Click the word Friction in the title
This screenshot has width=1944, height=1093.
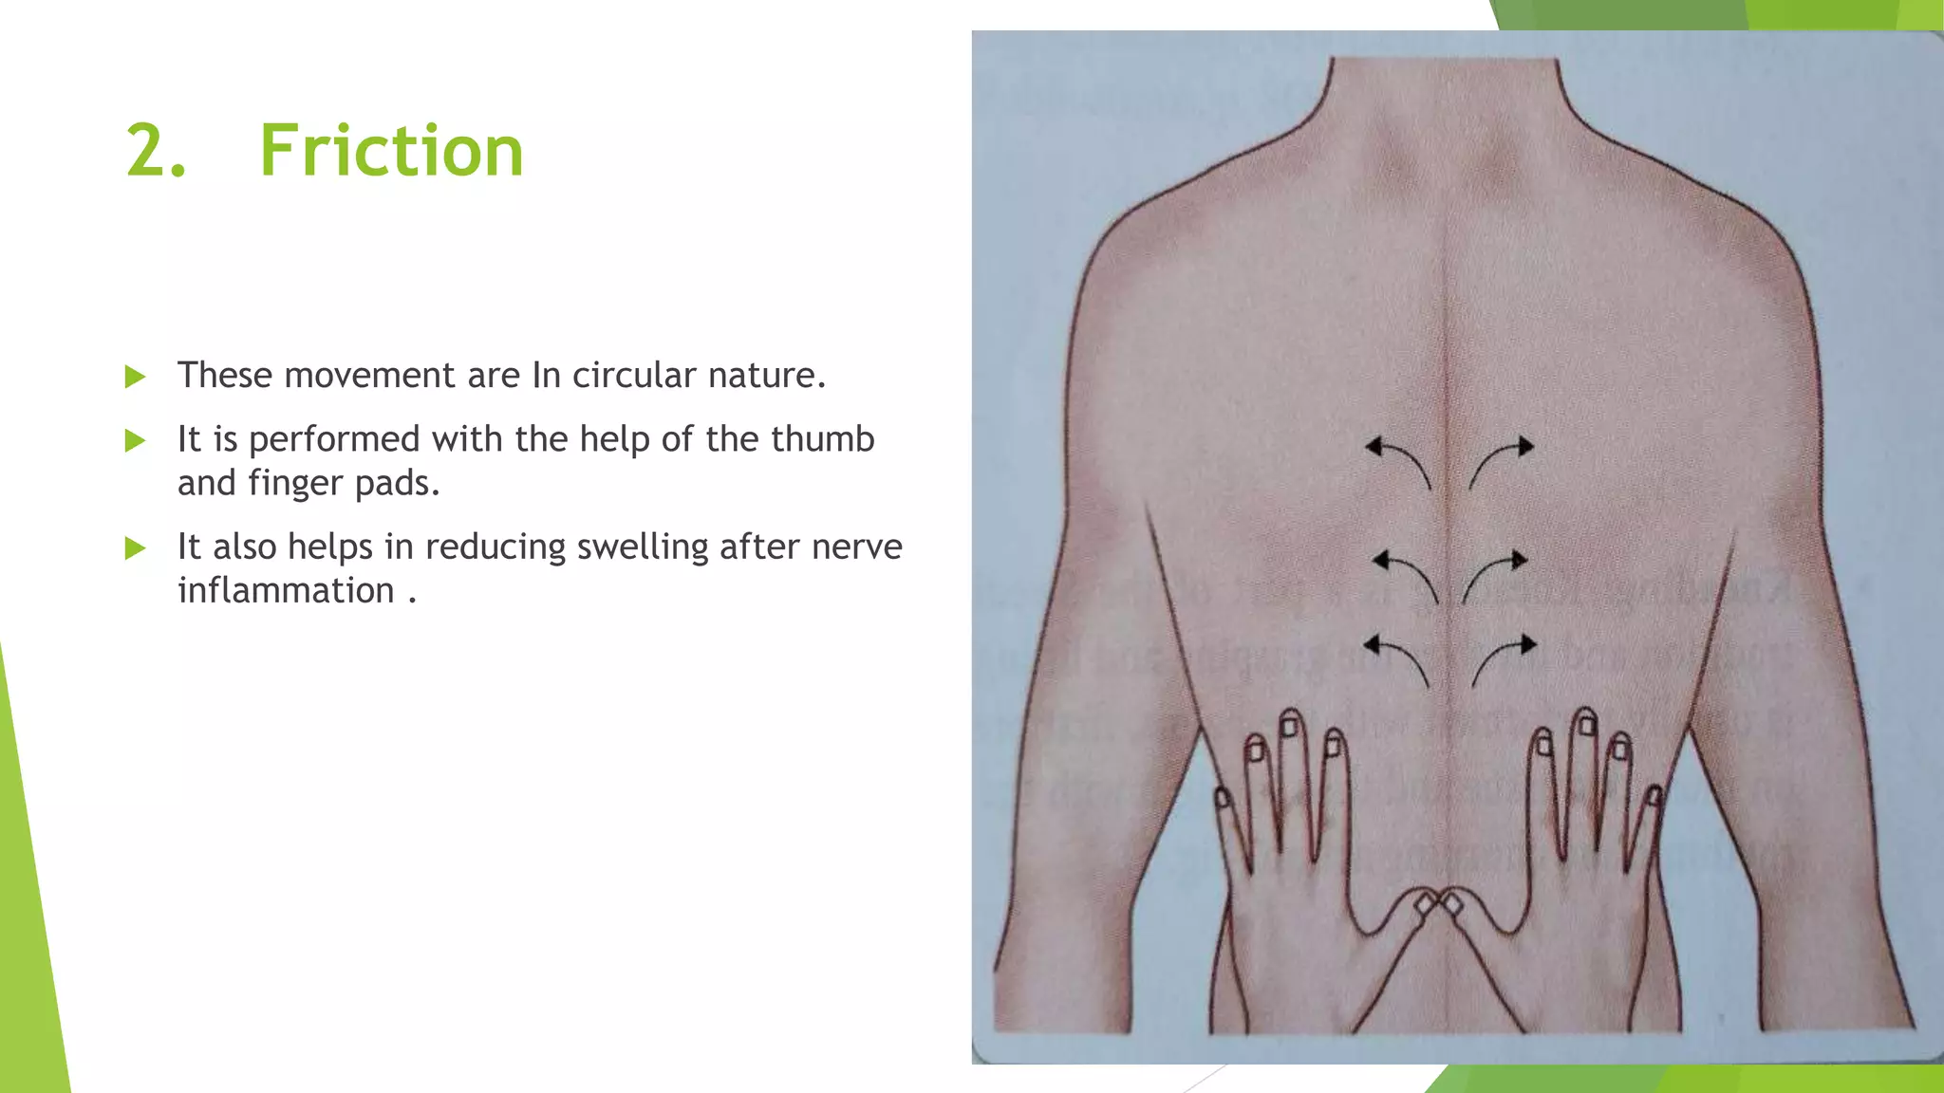click(x=391, y=151)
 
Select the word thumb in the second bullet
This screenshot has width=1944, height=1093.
click(x=822, y=439)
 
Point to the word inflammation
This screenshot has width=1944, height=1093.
click(x=286, y=591)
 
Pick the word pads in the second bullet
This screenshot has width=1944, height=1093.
click(x=391, y=484)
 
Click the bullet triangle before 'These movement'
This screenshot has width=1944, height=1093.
click(x=136, y=378)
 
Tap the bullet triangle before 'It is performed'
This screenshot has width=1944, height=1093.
click(x=136, y=441)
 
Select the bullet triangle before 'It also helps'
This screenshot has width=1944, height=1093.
click(x=136, y=548)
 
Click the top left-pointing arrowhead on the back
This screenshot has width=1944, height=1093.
click(x=1374, y=446)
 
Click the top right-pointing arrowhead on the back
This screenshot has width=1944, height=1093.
click(x=1524, y=446)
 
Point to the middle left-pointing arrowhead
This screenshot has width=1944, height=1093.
click(x=1381, y=561)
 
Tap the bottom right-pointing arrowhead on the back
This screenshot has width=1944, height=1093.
click(x=1527, y=645)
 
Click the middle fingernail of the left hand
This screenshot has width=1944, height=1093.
click(x=1290, y=727)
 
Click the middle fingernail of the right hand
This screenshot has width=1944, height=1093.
click(x=1586, y=726)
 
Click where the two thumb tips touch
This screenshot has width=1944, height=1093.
click(x=1437, y=901)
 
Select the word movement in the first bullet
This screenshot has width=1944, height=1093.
click(x=369, y=376)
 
